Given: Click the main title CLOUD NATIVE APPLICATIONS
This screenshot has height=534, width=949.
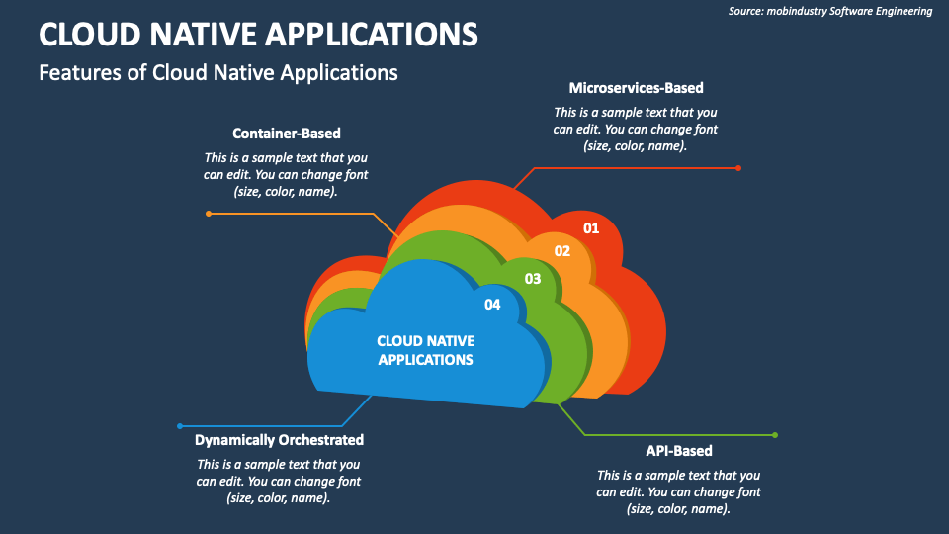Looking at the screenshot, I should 258,34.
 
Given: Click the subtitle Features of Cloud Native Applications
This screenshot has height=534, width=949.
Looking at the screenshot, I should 217,72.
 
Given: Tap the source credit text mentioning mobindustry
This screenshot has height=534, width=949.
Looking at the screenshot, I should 830,11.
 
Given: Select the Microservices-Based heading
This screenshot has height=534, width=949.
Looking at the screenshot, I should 636,88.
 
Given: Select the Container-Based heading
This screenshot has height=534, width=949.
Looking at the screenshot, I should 286,133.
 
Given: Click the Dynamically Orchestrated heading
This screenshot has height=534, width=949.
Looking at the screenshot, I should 279,439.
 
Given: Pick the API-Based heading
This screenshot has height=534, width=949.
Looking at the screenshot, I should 678,451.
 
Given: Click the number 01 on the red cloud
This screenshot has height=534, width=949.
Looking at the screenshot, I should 591,228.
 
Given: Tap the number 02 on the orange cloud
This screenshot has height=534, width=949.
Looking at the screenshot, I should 561,251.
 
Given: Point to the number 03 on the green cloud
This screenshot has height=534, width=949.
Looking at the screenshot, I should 533,279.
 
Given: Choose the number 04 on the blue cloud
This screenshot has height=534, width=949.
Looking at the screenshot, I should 492,305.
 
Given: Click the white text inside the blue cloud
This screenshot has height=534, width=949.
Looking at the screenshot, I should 425,350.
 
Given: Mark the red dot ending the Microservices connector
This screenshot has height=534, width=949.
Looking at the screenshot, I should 737,168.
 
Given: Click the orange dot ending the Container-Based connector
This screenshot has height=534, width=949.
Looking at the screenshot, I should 208,213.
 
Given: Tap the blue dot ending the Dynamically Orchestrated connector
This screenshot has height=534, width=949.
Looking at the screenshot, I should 179,426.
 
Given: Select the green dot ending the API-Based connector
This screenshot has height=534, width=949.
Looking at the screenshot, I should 775,435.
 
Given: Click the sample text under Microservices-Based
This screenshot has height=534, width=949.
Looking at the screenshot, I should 636,129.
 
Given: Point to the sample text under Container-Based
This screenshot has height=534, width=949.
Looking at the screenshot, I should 286,174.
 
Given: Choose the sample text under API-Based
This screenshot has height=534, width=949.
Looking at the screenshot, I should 678,491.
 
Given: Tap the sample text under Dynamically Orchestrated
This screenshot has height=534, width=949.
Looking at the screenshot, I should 279,481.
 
